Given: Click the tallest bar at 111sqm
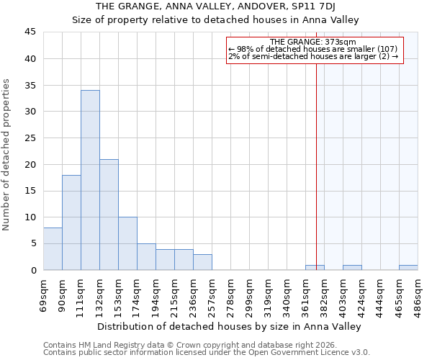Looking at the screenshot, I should (90, 180).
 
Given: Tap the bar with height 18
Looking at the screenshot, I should (71, 222).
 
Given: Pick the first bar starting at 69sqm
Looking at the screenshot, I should (53, 249).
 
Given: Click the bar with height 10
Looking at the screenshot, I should (127, 243).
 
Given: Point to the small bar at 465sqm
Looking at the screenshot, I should (408, 268).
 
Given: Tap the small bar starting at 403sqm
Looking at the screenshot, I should (352, 268).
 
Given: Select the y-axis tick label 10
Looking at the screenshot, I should (31, 217).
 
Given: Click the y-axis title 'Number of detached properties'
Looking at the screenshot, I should (7, 155).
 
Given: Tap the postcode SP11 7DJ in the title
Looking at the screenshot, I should (329, 7).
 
